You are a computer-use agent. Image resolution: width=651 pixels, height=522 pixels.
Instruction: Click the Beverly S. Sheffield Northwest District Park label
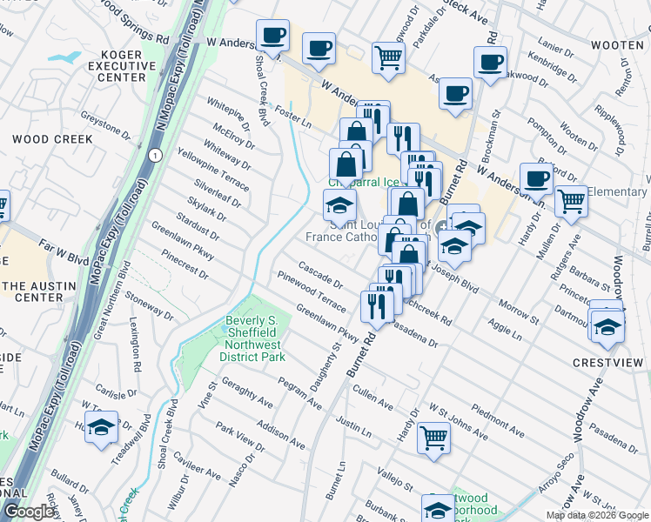(x=252, y=338)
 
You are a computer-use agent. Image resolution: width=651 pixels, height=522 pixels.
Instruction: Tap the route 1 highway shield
(x=154, y=155)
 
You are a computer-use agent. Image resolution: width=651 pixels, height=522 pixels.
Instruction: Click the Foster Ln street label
(x=292, y=117)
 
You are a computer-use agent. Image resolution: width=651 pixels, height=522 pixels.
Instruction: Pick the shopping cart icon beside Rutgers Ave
(x=571, y=199)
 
